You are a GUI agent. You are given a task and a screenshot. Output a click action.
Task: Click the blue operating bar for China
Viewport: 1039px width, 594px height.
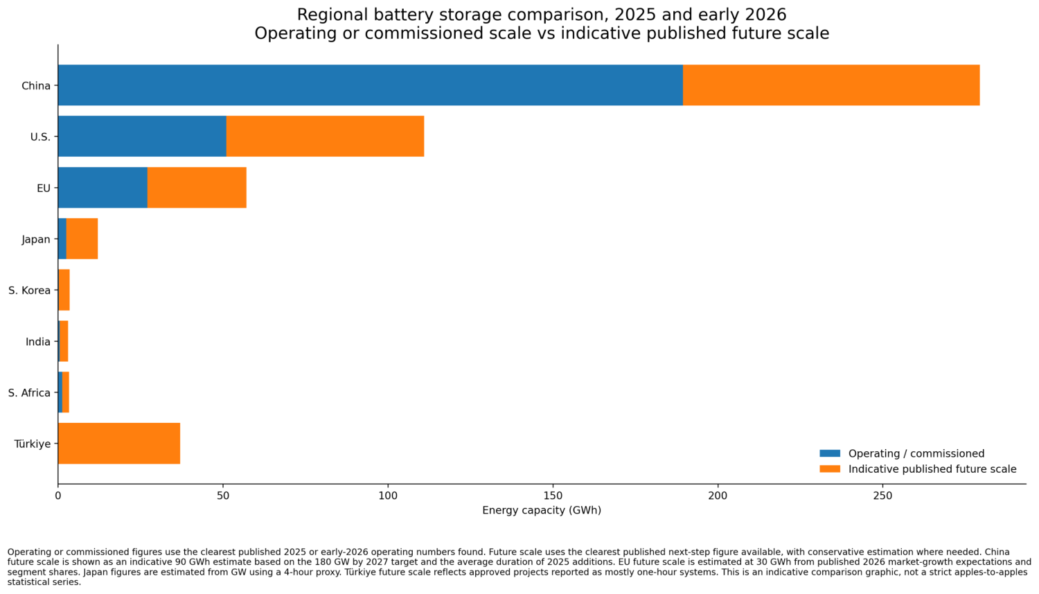point(371,85)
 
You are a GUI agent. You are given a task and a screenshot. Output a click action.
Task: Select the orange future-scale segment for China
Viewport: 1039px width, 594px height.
point(831,85)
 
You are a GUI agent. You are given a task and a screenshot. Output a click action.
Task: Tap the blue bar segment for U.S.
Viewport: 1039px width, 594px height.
point(142,137)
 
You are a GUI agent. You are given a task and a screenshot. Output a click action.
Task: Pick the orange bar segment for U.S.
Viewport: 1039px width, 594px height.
point(325,137)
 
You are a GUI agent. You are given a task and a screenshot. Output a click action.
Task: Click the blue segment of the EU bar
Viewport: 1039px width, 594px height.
point(103,188)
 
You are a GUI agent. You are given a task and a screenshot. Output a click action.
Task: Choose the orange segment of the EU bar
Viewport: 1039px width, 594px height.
point(197,188)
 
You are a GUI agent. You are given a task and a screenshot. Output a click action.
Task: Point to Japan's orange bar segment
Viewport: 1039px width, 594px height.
point(82,239)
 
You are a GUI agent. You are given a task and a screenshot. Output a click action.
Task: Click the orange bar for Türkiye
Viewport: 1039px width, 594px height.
point(119,444)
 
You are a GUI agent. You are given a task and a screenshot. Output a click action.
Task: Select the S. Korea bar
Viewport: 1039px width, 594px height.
point(64,290)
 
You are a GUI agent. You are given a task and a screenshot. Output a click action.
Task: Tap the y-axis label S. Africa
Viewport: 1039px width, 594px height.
point(29,393)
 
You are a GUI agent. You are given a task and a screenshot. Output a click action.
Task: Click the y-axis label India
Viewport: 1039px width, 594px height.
point(38,342)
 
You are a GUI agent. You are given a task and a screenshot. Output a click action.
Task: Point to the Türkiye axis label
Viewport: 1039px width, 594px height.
point(33,444)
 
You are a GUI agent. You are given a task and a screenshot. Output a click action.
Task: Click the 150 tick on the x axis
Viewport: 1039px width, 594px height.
point(553,496)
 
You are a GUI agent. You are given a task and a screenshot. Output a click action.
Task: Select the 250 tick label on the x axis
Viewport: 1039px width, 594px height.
point(882,496)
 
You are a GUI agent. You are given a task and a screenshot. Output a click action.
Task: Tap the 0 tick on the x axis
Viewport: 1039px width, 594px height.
point(58,496)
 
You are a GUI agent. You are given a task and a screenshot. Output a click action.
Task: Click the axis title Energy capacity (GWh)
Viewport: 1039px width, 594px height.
point(542,511)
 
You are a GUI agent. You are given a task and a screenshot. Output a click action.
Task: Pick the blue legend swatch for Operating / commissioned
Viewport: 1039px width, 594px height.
point(829,453)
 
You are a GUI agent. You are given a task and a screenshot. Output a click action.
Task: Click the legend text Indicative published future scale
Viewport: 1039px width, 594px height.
point(932,469)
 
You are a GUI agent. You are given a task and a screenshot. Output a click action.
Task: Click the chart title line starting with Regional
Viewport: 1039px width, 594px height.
point(542,15)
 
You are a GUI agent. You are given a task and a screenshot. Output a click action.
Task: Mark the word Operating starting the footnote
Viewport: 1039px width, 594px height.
point(29,552)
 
